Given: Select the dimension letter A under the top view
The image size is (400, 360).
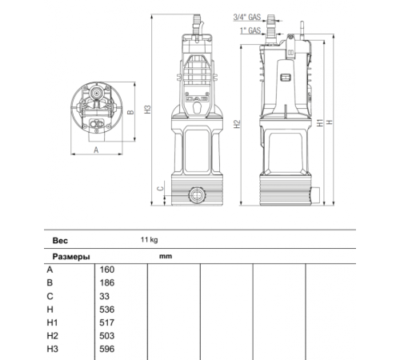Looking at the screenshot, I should pos(96,149).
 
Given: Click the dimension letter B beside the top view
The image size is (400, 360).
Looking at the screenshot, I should pos(130,114).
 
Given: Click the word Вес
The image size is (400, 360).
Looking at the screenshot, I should pos(60,239).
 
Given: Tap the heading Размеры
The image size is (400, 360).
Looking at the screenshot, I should pos(70,257).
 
